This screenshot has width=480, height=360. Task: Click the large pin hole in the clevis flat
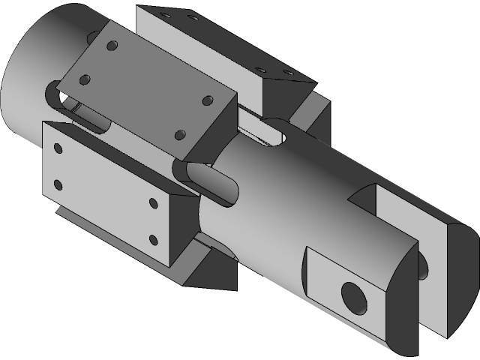tap(353, 298)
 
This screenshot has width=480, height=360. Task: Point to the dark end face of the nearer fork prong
tap(402, 308)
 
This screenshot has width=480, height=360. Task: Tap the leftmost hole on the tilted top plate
tap(85, 78)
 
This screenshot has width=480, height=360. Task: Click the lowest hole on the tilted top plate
tap(179, 135)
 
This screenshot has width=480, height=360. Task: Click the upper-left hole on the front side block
tap(58, 148)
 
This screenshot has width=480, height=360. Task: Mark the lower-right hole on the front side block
tap(153, 240)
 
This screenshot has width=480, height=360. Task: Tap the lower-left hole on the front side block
tap(57, 183)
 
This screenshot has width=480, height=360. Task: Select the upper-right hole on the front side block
tap(153, 203)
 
